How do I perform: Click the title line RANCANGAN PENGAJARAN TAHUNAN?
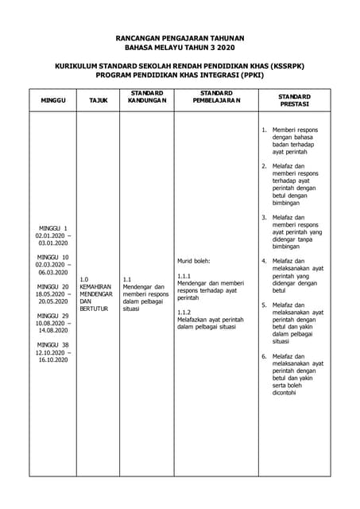coord(180,37)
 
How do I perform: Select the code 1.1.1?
coord(184,275)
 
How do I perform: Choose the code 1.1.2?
coord(184,312)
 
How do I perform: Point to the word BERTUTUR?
coord(94,309)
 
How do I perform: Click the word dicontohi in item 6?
coord(286,393)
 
